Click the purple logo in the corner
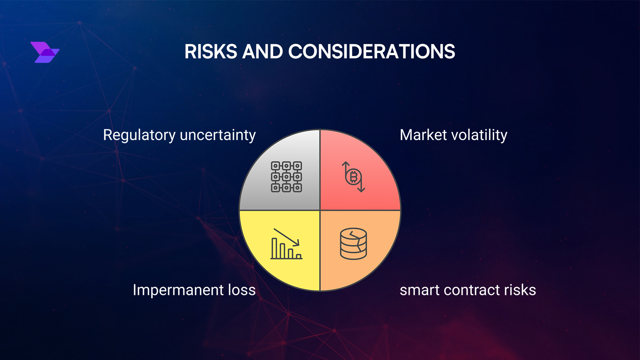(x=45, y=52)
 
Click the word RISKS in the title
(x=211, y=52)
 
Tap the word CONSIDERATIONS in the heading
(x=371, y=52)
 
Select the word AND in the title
(x=262, y=52)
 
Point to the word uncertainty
(x=218, y=135)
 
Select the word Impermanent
(x=178, y=290)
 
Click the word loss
(x=242, y=290)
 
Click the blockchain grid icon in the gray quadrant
(x=286, y=177)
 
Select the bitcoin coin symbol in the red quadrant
(x=353, y=177)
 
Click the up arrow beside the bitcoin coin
(x=346, y=167)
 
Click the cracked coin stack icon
(x=353, y=244)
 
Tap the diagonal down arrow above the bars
(x=287, y=237)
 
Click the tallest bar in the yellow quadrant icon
(x=274, y=248)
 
